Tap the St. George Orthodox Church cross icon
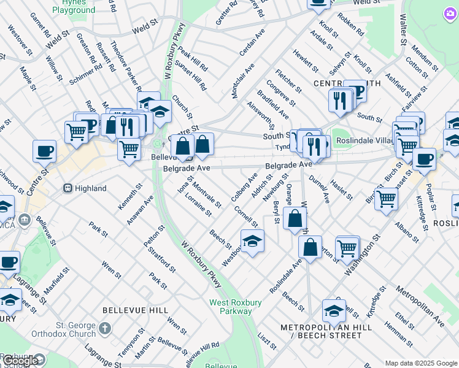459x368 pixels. point(105,329)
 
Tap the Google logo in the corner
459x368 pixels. point(21,361)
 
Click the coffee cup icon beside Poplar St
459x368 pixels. point(424,159)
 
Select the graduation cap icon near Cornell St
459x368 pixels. point(252,241)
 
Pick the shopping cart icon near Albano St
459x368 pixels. point(386,198)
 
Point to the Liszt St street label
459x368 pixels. point(264,339)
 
